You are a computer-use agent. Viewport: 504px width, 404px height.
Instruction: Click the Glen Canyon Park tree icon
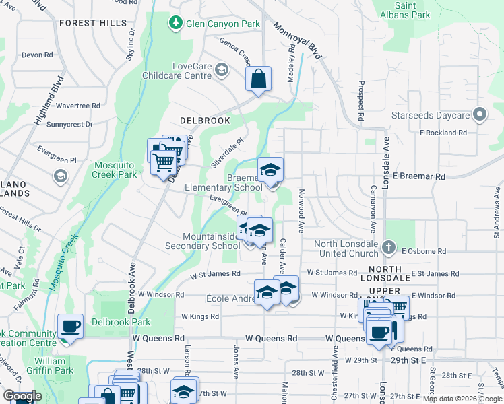176,24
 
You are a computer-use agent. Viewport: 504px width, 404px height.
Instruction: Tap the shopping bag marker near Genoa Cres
258,79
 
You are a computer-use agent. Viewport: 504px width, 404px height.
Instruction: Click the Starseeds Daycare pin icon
480,115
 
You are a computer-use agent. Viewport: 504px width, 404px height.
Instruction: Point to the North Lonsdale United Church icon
389,248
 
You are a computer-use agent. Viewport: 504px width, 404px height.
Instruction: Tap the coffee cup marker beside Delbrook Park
71,327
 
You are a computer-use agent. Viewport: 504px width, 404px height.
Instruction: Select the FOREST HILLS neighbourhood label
92,23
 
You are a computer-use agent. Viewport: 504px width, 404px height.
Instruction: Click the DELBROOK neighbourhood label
205,121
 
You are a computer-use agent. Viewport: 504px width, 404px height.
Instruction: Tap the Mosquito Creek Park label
115,169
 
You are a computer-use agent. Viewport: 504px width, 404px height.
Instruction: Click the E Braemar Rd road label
419,176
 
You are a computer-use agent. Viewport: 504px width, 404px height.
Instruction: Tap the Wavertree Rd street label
77,106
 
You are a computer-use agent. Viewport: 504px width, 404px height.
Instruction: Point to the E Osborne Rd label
423,251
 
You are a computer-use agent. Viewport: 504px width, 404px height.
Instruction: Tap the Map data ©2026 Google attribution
462,399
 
